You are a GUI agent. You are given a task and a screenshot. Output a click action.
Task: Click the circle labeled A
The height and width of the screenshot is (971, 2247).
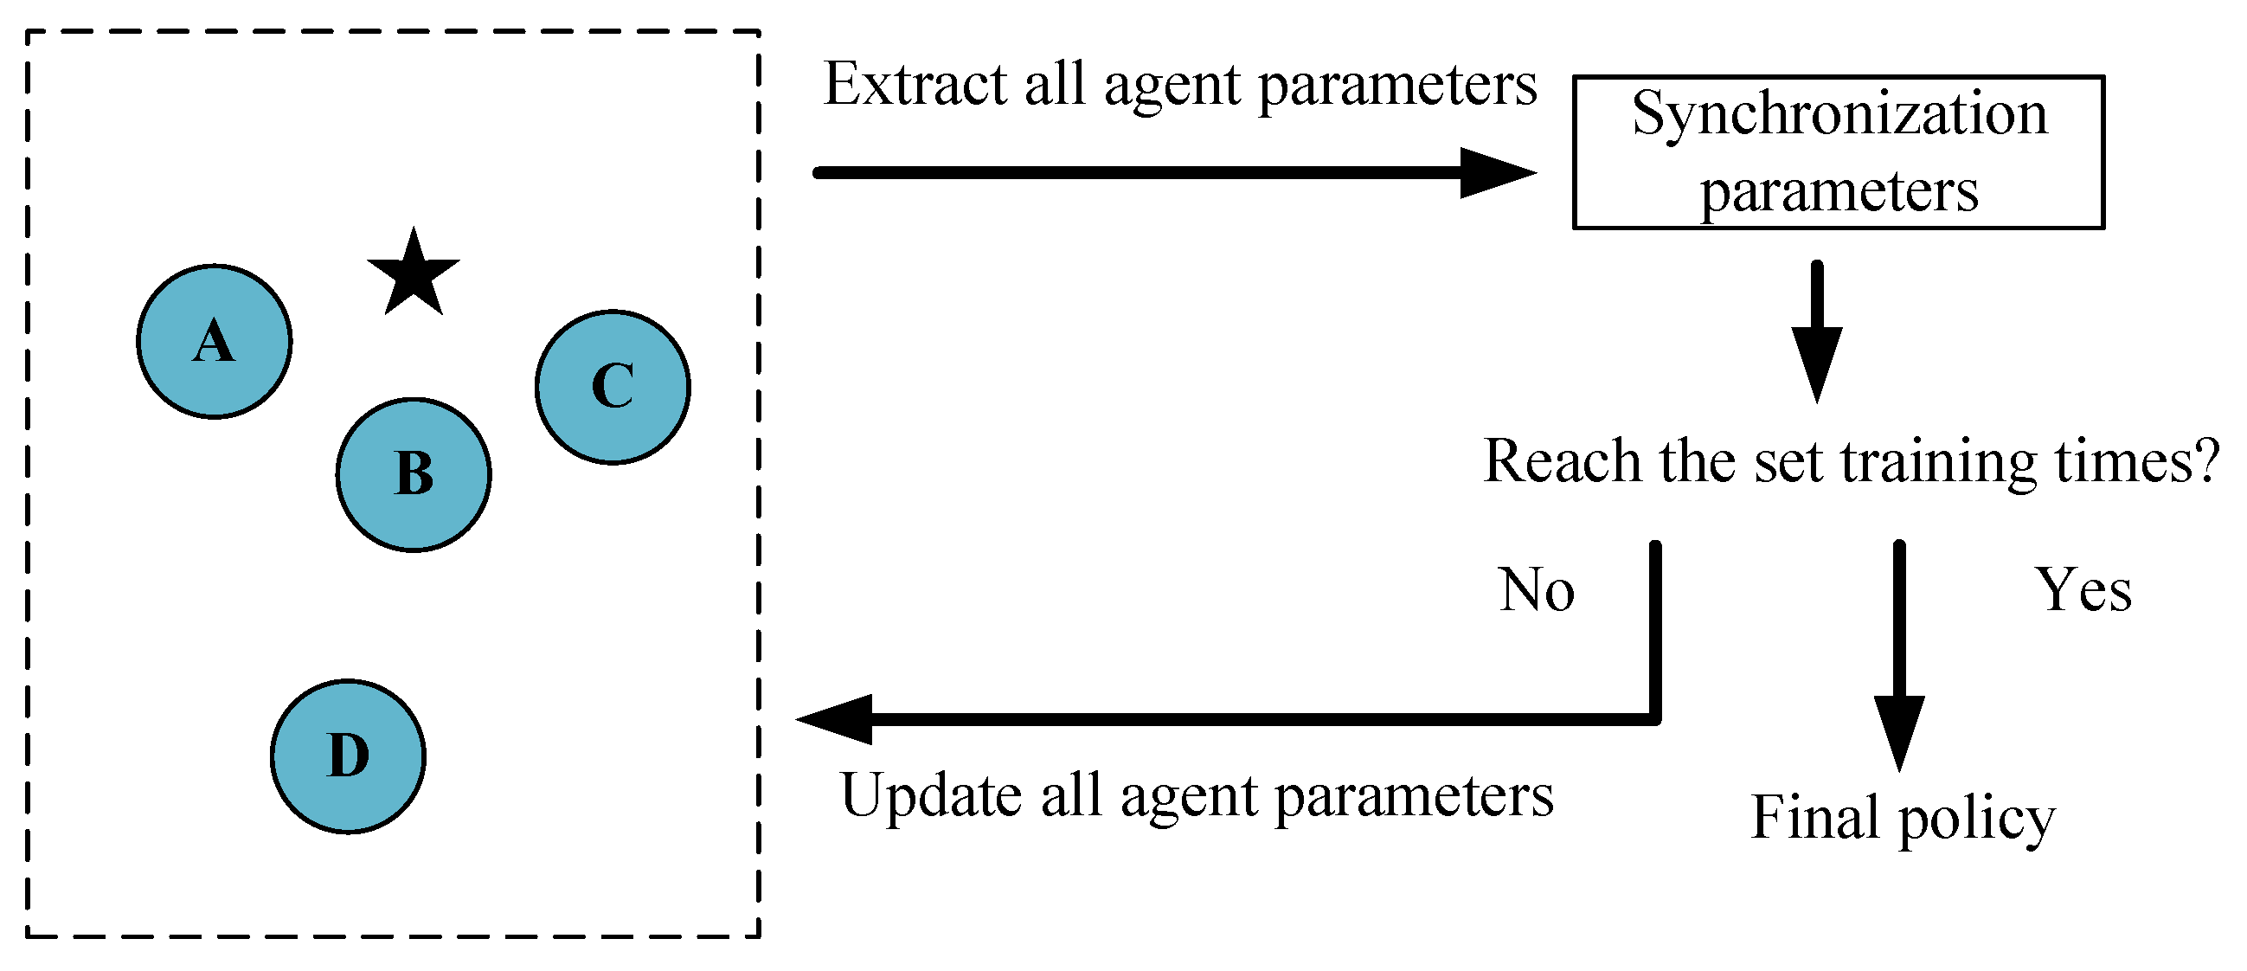[x=215, y=342]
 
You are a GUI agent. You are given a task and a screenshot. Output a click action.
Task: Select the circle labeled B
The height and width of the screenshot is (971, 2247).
[x=414, y=475]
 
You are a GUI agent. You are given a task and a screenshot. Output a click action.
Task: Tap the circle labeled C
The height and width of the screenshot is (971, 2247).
[x=613, y=387]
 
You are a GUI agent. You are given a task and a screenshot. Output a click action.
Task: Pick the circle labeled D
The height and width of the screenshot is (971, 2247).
[x=348, y=756]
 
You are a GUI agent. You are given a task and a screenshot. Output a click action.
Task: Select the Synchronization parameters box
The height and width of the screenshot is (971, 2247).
[x=1839, y=152]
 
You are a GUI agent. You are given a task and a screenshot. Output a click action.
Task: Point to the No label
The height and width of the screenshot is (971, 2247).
[x=1537, y=590]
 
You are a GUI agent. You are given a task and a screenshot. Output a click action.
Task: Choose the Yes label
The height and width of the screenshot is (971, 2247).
[x=2083, y=590]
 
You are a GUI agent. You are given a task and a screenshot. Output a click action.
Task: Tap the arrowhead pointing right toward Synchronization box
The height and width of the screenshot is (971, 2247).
[x=1497, y=173]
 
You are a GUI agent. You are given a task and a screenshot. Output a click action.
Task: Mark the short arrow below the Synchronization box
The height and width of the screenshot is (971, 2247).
[x=1817, y=331]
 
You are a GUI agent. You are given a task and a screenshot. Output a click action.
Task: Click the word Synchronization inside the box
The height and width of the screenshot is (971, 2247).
[x=1839, y=115]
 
